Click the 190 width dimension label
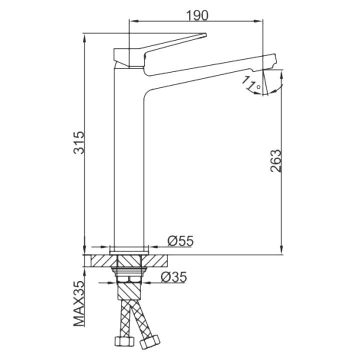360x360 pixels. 197,15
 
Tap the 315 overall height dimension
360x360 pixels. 79,142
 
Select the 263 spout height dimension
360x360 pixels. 275,160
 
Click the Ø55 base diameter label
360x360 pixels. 180,241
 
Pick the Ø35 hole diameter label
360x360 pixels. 174,277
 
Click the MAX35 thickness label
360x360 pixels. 79,303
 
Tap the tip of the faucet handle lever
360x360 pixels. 205,35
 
